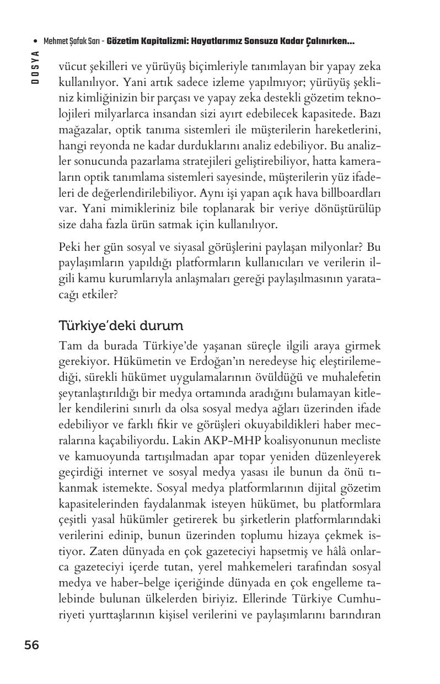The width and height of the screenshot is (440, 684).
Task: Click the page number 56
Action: (31, 645)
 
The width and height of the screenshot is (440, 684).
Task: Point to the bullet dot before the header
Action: (35, 41)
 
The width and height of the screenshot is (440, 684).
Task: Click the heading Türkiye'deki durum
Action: (121, 326)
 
